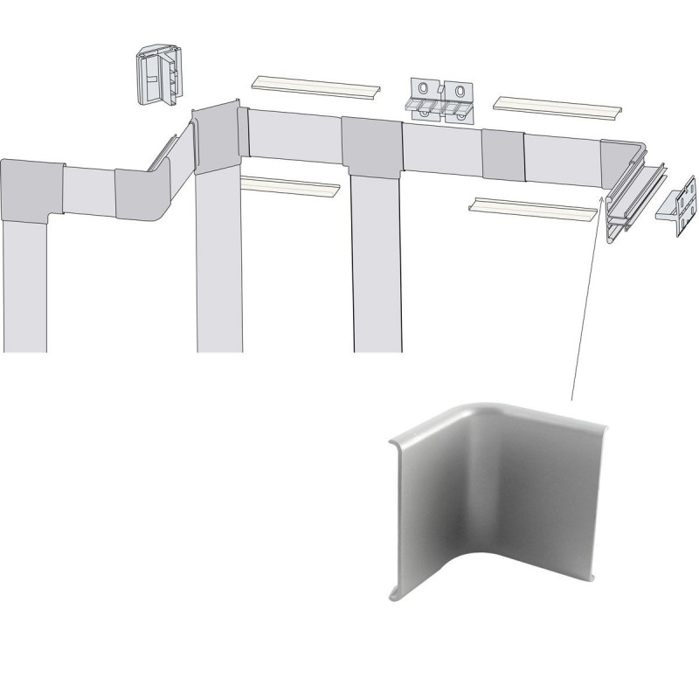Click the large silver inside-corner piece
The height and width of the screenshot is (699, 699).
[x=489, y=507]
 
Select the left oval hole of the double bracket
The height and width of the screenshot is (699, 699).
[x=425, y=91]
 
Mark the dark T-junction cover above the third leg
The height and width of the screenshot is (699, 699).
[x=370, y=145]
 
